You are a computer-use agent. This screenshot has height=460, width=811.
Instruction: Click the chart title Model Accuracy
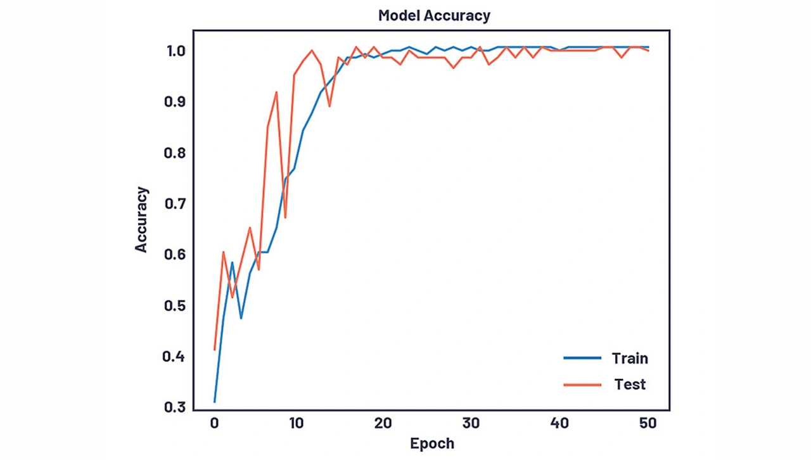[x=434, y=16]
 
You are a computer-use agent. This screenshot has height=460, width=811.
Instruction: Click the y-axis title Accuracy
[x=141, y=219]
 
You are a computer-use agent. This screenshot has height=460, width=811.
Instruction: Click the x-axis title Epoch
[x=432, y=443]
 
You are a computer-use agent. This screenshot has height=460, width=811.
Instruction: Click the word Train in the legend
[x=630, y=358]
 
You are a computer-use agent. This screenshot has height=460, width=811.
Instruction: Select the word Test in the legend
[x=630, y=384]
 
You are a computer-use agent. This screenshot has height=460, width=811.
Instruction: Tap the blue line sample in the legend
[x=582, y=358]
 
